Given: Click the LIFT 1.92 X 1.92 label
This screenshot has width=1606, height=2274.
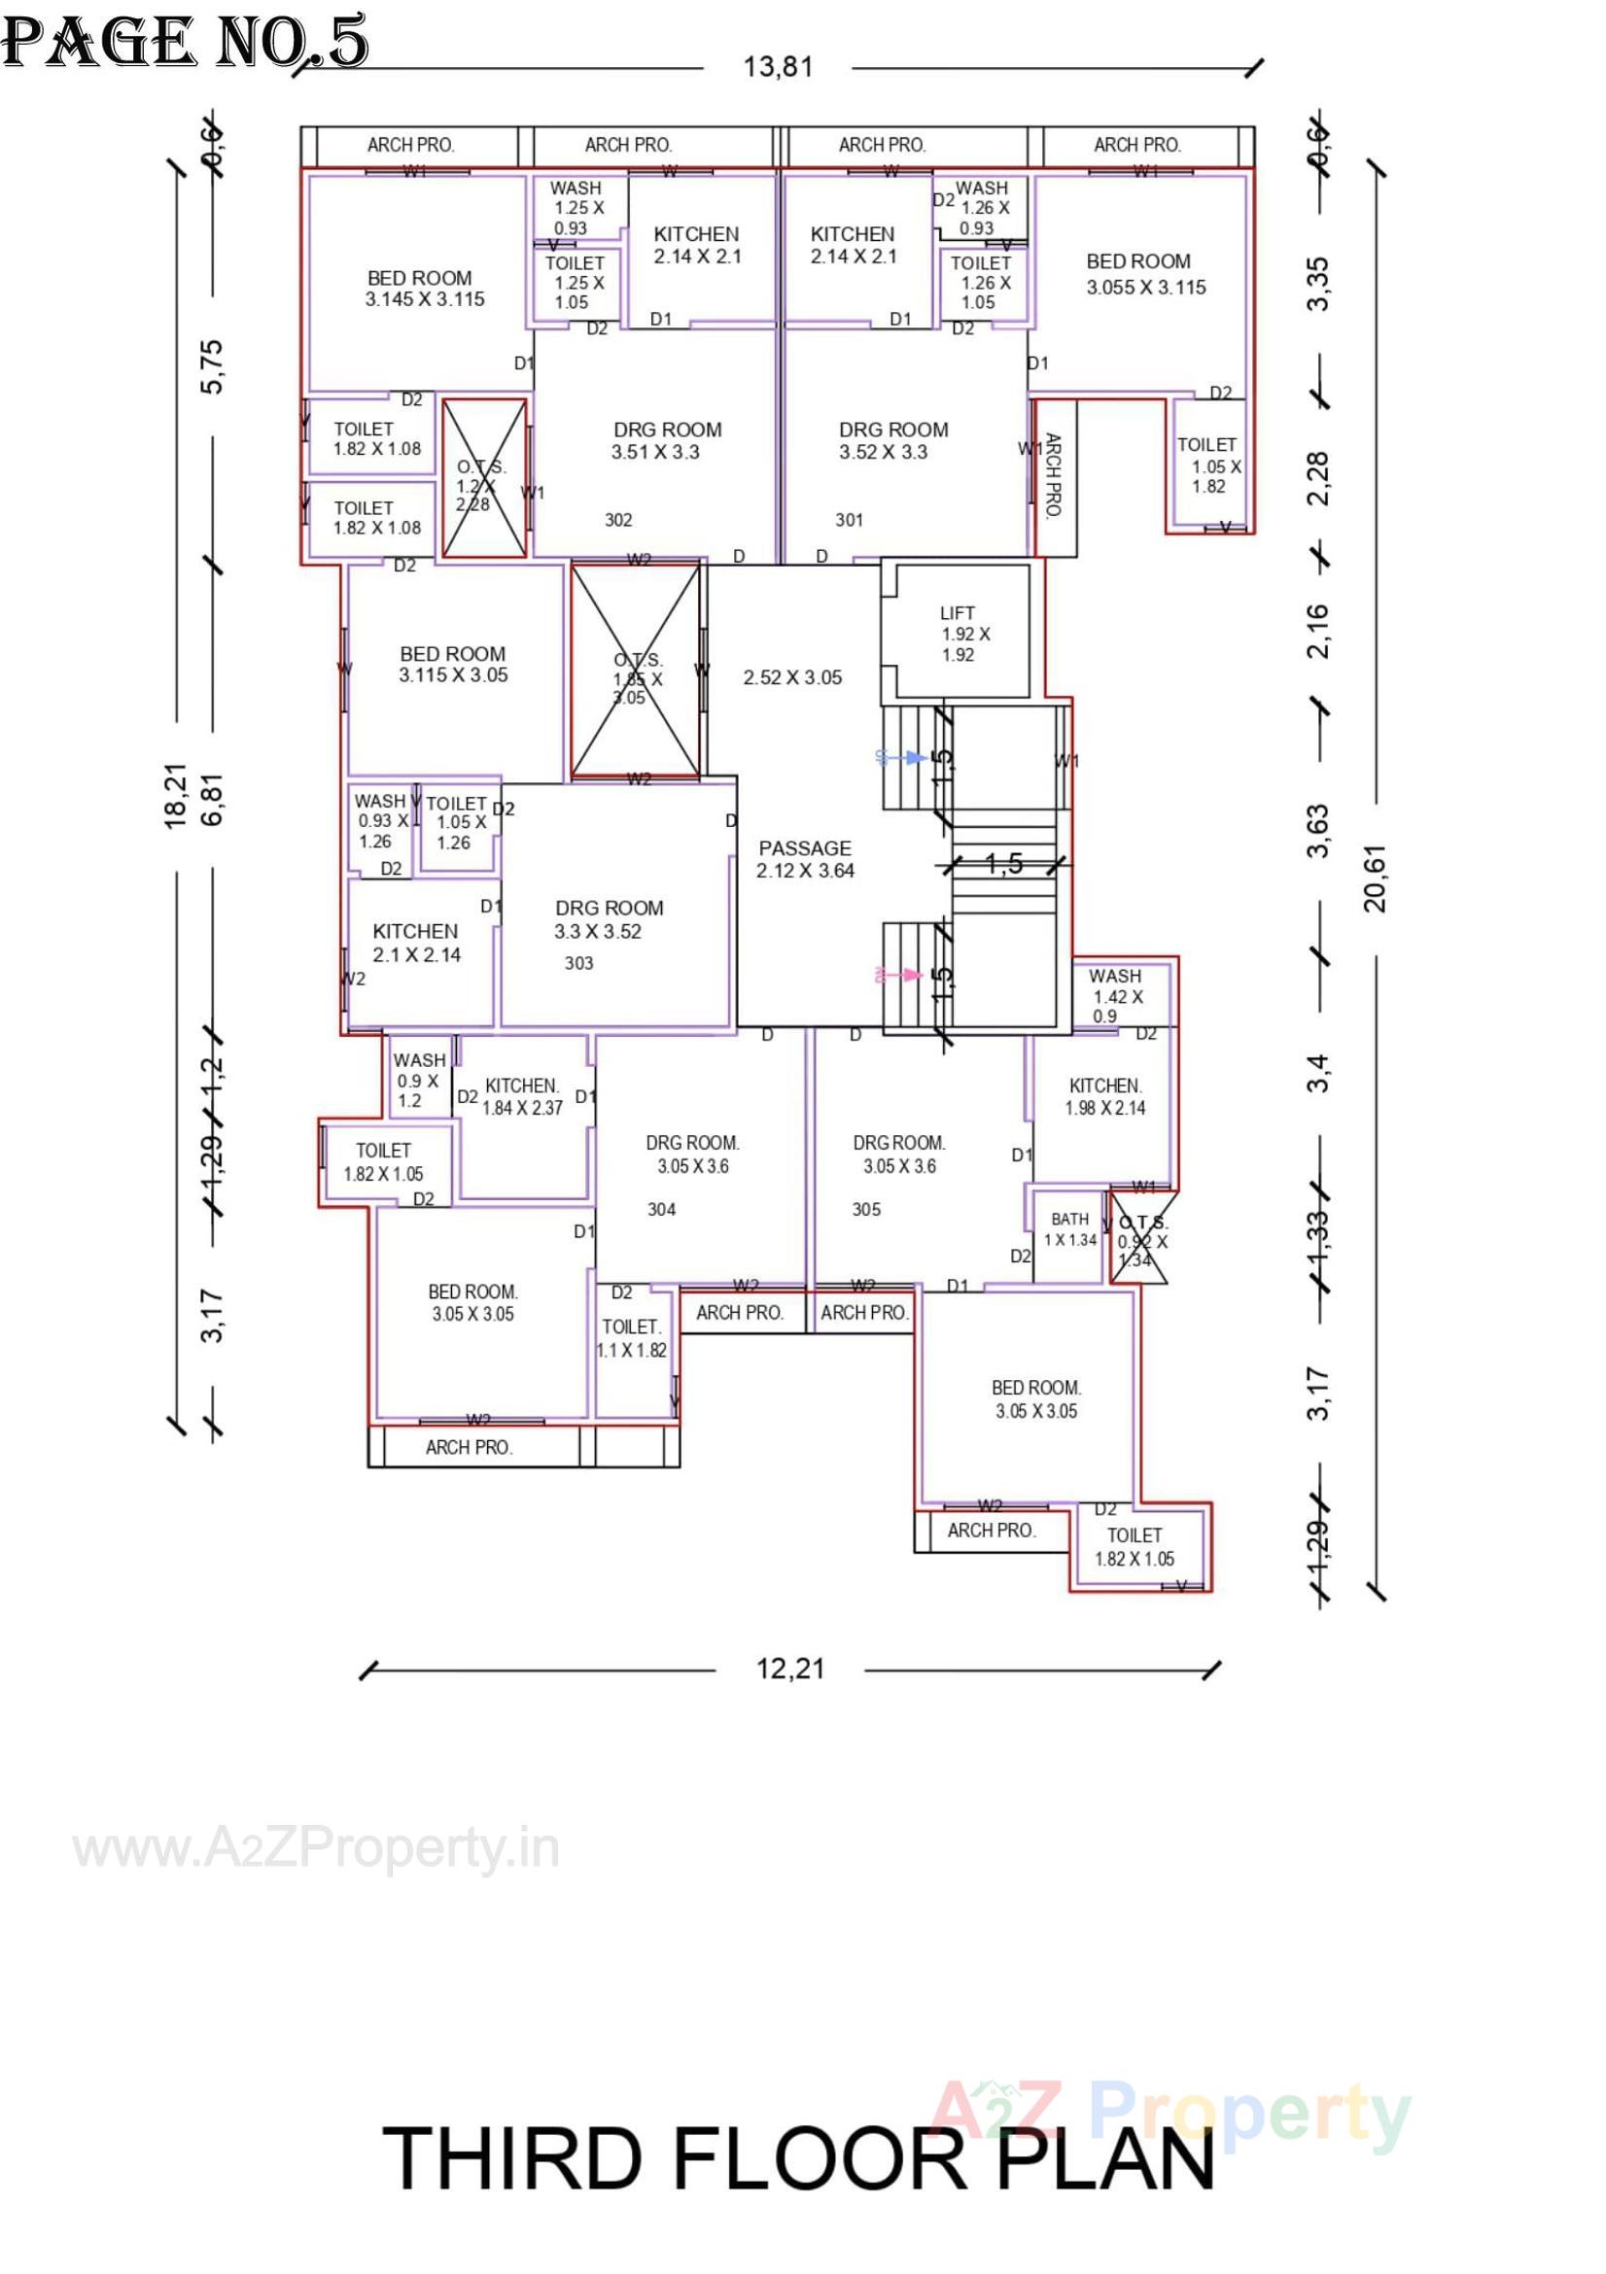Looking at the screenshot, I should click(x=960, y=634).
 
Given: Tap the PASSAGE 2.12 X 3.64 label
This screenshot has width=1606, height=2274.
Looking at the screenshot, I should click(x=805, y=859).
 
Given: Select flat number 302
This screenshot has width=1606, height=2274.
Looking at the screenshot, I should click(x=618, y=520).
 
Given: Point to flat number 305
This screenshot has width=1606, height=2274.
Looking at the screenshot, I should click(x=866, y=1209).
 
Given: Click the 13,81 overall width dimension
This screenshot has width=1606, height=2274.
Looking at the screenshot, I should click(x=778, y=67).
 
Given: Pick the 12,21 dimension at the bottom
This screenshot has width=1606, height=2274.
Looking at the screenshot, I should click(x=789, y=1669).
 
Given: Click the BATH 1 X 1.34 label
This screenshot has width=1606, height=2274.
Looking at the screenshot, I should click(x=1070, y=1229).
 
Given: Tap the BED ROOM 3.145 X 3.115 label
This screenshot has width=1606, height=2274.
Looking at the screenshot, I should click(x=423, y=289).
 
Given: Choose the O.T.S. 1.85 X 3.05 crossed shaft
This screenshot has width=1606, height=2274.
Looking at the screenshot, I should click(x=636, y=671).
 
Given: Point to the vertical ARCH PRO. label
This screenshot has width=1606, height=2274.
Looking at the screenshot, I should click(x=1053, y=475).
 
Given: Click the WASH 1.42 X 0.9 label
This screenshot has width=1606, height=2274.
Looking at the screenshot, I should click(x=1116, y=995).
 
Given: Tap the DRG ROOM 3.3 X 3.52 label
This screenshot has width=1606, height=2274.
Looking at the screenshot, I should click(x=607, y=919).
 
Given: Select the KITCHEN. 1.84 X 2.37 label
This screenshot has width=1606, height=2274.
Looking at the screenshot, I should click(x=522, y=1096).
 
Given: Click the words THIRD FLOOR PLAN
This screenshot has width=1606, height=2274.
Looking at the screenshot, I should click(x=797, y=2158).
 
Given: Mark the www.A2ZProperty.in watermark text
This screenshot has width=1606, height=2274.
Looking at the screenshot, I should click(x=316, y=1848).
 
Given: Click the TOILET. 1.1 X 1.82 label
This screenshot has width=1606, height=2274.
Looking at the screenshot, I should click(x=632, y=1338).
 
